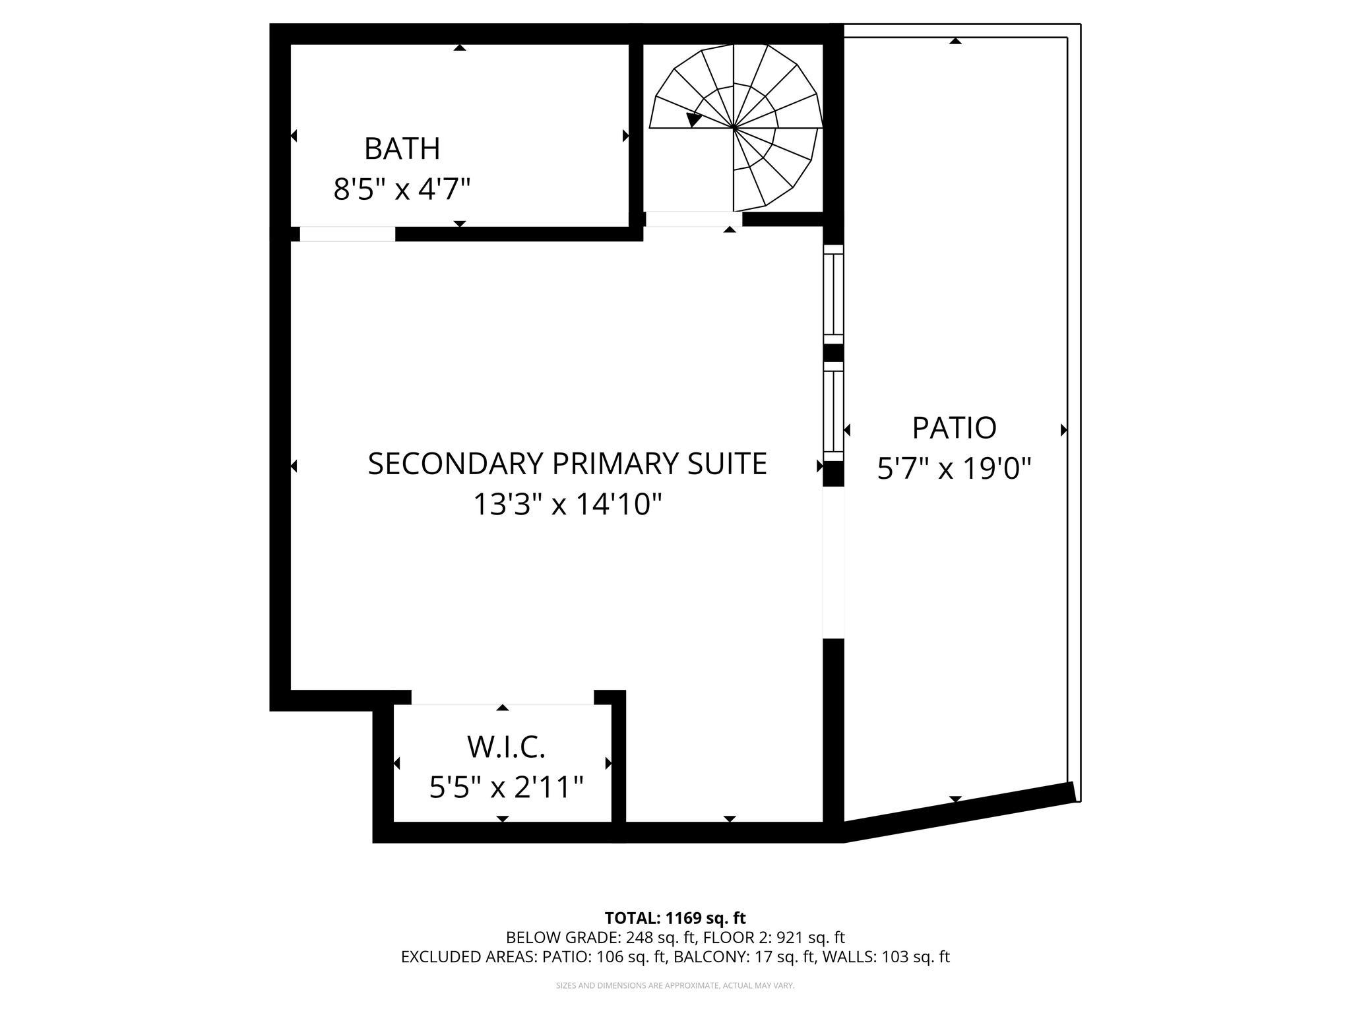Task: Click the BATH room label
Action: coord(402,149)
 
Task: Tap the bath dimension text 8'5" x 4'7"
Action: coord(402,191)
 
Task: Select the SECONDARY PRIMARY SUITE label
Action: coord(567,464)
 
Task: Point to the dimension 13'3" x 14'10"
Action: coord(567,505)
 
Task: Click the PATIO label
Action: coord(954,428)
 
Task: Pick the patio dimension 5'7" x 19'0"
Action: coord(954,470)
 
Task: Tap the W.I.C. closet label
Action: coord(506,747)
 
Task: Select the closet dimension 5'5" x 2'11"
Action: coord(506,787)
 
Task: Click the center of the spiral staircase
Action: coord(734,127)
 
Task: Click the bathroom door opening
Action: coord(347,234)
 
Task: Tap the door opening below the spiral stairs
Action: coord(693,219)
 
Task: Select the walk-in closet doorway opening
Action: coord(503,698)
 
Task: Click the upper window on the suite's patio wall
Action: coord(834,294)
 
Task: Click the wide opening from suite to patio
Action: coord(834,563)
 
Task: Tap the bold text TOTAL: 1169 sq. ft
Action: coord(675,918)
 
